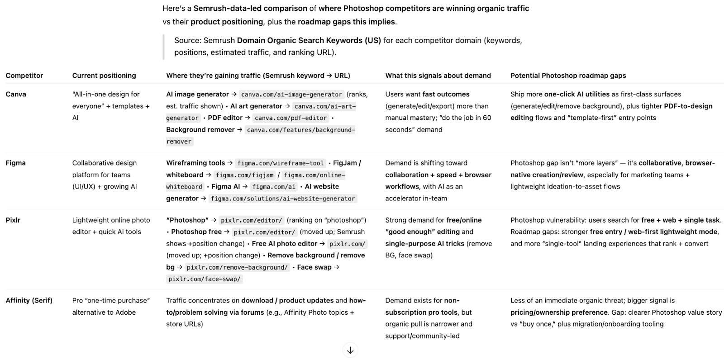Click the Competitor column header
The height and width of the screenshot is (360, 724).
tap(24, 76)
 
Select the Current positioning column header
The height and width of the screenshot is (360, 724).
tap(104, 76)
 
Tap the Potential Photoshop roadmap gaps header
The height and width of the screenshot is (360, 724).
tap(568, 76)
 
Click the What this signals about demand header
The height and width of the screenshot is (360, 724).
tap(438, 76)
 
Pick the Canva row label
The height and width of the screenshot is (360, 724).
tap(16, 94)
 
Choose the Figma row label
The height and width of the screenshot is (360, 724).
tap(16, 163)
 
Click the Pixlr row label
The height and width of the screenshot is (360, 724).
tap(13, 220)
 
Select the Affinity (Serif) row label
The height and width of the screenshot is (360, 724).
tap(29, 300)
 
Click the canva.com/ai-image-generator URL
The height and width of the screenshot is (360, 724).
tap(291, 95)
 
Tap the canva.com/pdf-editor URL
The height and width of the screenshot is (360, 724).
tap(291, 118)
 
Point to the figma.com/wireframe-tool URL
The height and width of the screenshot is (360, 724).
tap(281, 163)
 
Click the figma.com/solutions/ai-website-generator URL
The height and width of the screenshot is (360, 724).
tap(283, 199)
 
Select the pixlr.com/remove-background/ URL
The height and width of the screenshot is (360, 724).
tap(237, 267)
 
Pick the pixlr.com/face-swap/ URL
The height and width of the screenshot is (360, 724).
tap(205, 279)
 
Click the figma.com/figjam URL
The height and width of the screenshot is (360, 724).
tap(244, 175)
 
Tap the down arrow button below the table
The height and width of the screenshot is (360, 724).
tap(350, 350)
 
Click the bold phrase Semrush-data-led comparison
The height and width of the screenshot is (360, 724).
tap(255, 8)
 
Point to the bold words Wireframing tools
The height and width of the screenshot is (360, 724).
tap(195, 163)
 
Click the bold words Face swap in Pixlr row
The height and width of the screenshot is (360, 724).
tap(314, 267)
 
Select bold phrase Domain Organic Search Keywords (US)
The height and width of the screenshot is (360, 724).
tap(309, 40)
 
